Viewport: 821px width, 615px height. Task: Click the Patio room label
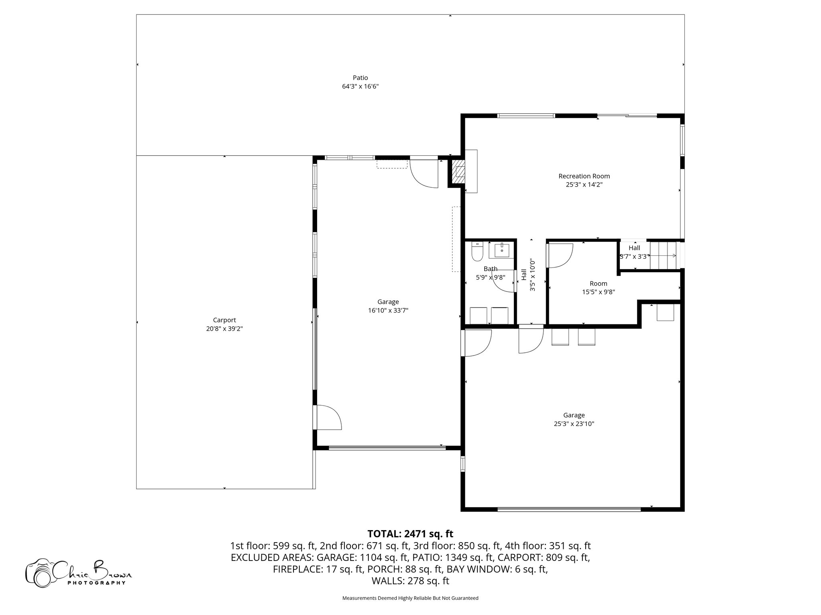tap(360, 78)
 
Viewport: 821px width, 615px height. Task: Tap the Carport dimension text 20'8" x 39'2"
tap(224, 329)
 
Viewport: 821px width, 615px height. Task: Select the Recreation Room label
tap(584, 176)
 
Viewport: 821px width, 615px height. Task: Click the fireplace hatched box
tap(459, 172)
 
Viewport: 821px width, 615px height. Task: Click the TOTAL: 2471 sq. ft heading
tap(410, 534)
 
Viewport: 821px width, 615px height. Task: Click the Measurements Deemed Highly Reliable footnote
tap(410, 598)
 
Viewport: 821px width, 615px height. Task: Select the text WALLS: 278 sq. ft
tap(410, 581)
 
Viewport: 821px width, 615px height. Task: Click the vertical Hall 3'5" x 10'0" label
tap(528, 275)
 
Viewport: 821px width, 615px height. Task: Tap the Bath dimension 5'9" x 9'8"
tap(490, 277)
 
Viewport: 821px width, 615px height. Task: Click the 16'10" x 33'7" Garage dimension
tap(388, 310)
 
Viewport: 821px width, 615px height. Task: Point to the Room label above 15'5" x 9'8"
tap(598, 283)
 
